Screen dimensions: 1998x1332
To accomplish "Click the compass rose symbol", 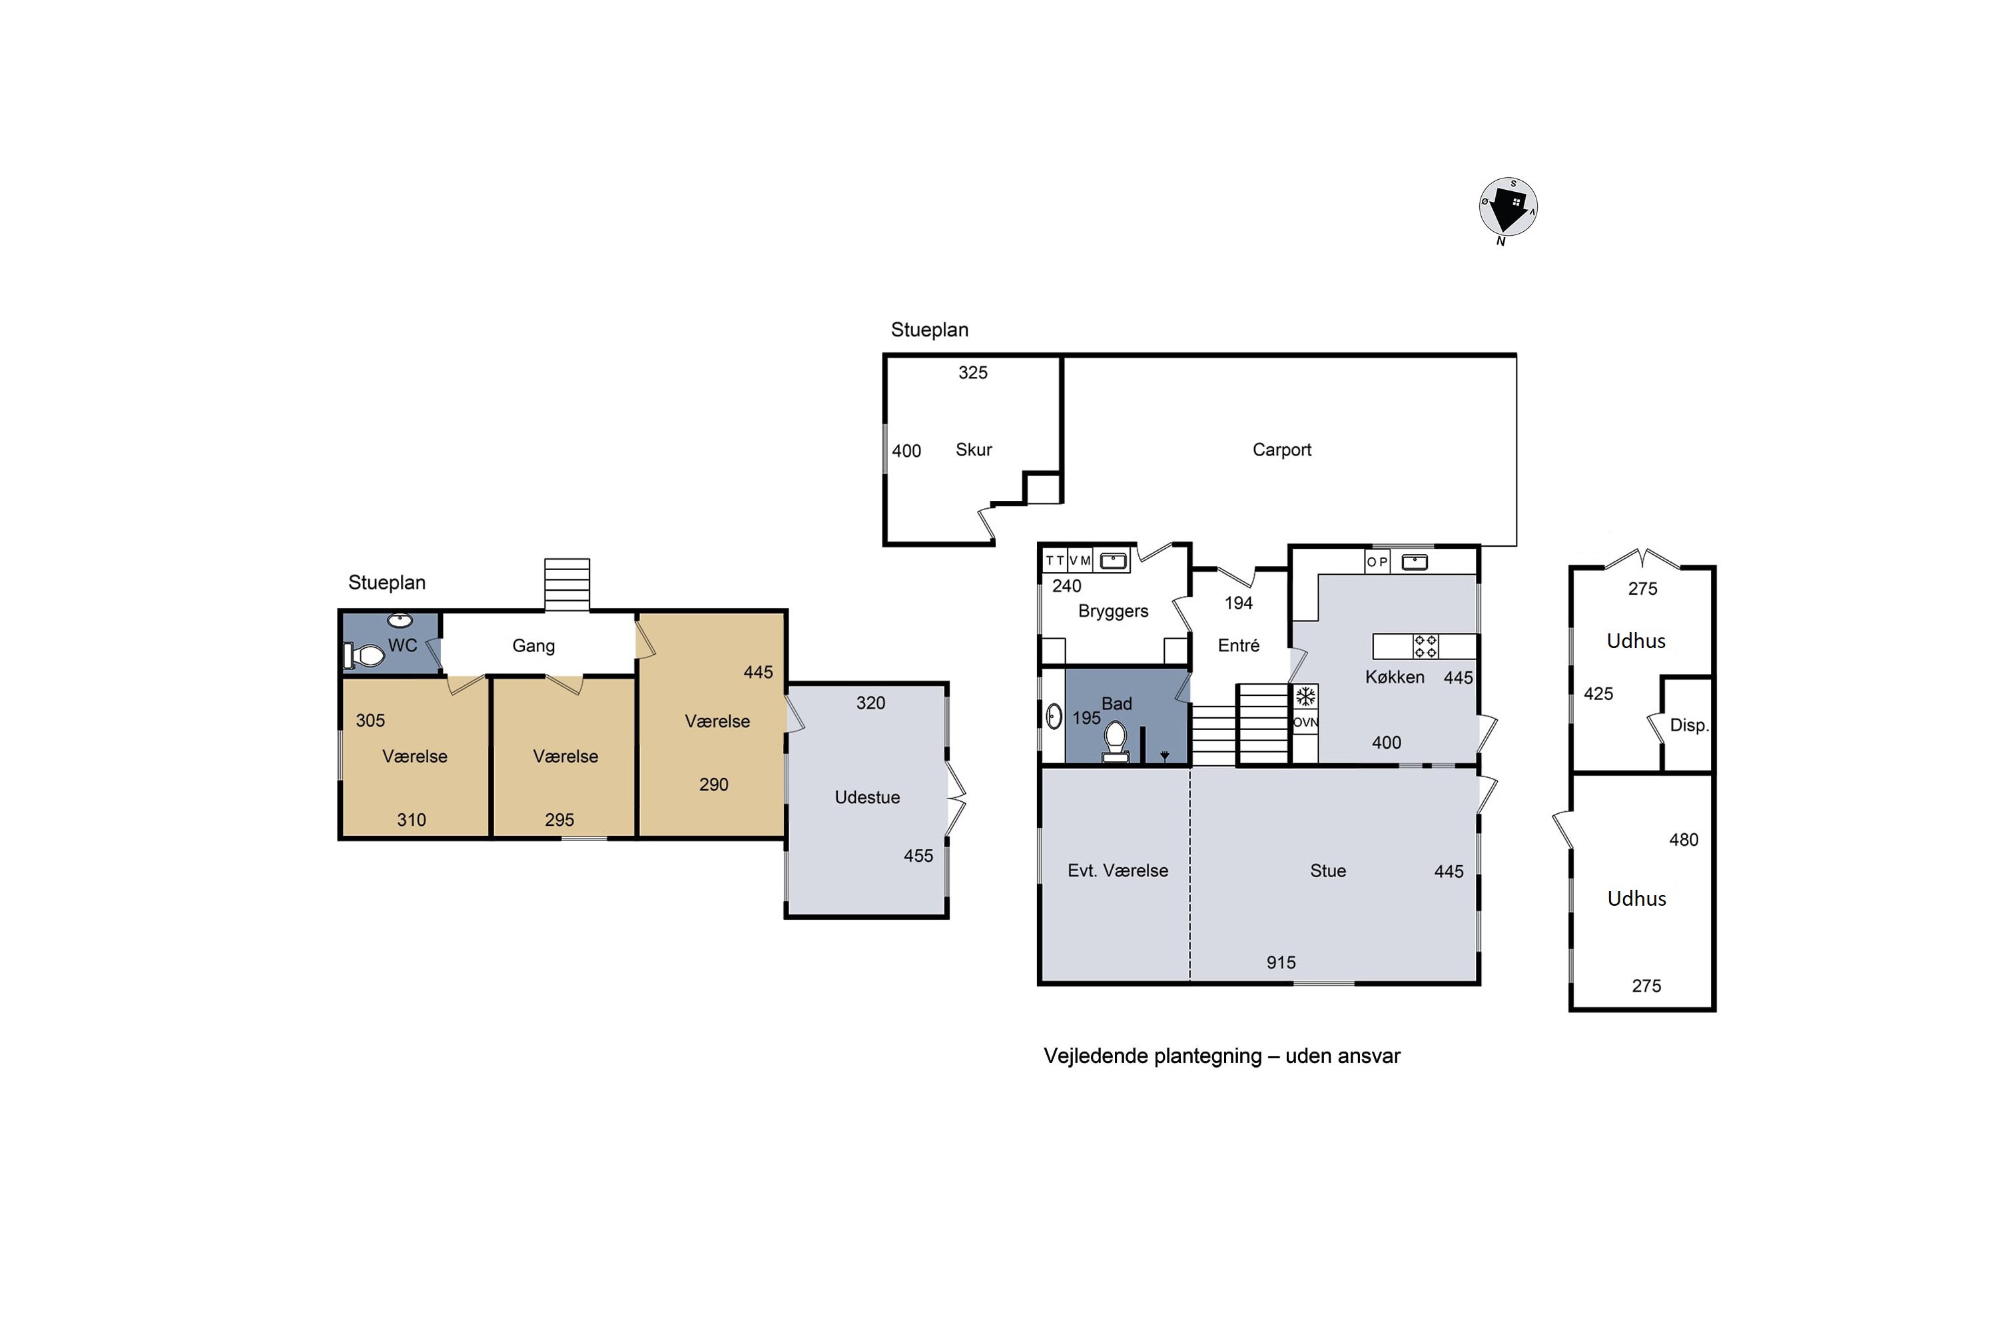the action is [1508, 208].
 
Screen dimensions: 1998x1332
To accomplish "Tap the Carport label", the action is [1282, 450].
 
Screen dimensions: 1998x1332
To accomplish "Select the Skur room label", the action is [974, 450].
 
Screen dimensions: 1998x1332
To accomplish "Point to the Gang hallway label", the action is [533, 645].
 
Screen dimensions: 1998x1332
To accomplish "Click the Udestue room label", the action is [867, 797].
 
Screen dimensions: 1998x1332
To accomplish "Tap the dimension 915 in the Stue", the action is [1281, 962].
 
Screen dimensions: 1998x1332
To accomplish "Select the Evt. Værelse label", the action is [1118, 870].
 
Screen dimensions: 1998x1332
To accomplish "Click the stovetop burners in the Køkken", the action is [1425, 647].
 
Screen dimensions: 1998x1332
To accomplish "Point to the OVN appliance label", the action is [1305, 723].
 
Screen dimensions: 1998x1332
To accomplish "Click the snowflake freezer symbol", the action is [1305, 697].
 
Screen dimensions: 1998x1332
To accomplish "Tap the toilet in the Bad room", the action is [1116, 743].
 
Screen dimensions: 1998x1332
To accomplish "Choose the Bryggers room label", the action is [1113, 611].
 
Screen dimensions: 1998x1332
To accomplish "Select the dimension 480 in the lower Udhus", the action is [1684, 840].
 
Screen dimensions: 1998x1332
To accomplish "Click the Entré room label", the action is [1239, 645].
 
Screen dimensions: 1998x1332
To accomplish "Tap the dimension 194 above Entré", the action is [1239, 603].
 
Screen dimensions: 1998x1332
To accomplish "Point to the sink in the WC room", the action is [400, 620].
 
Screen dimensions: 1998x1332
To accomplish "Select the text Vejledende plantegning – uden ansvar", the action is [1221, 1056].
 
